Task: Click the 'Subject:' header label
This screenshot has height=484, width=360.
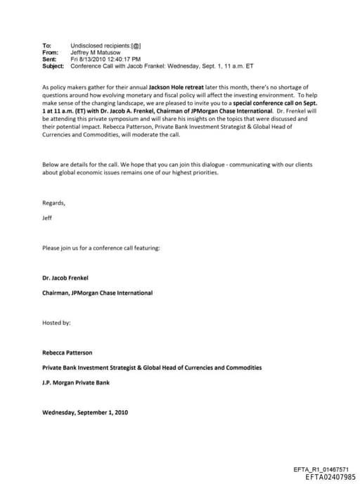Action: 53,66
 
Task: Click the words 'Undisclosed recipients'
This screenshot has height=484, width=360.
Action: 100,45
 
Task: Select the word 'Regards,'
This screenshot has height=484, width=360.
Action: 53,203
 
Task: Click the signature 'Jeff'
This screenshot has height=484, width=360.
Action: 47,218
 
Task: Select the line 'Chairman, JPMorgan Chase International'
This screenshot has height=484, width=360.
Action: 97,293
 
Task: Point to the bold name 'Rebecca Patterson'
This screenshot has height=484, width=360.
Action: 67,352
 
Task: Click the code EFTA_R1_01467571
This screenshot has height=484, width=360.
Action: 319,469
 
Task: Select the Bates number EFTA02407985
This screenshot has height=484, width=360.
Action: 326,477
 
